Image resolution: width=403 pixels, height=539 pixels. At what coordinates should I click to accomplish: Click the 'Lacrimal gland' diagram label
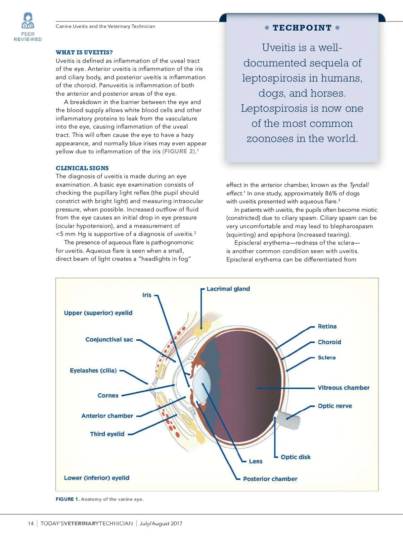coord(228,289)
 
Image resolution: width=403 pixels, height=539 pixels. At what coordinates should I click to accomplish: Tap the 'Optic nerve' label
coord(335,406)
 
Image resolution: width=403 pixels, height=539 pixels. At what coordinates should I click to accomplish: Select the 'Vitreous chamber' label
coord(344,388)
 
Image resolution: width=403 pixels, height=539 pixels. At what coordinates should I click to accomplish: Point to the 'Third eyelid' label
coord(107,434)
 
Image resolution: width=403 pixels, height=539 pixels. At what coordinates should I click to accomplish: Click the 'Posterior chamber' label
coord(270,479)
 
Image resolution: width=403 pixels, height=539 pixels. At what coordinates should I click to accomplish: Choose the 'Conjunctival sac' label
coord(109,340)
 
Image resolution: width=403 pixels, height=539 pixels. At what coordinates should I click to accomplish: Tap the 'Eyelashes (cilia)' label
coord(93,371)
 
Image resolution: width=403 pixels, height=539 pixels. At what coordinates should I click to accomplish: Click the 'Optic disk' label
coord(296,457)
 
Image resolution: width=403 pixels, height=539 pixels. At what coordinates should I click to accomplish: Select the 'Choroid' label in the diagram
coord(329,342)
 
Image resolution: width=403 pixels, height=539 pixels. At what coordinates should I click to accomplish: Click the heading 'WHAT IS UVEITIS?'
coord(84,52)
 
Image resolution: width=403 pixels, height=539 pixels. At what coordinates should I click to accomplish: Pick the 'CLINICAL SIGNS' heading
coord(82,168)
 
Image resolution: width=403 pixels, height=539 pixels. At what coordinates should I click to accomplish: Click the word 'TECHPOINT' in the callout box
coord(302,28)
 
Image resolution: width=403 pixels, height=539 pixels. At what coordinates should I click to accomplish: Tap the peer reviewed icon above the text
coord(28,21)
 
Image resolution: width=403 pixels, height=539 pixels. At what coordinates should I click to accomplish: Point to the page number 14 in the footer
coord(31,524)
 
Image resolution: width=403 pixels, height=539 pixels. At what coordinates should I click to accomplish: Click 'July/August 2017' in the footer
coord(161,524)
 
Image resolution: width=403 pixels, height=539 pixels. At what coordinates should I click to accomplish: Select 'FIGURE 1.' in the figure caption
coord(68,499)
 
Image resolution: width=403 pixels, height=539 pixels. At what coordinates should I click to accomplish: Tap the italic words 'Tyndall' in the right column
coord(359,185)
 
